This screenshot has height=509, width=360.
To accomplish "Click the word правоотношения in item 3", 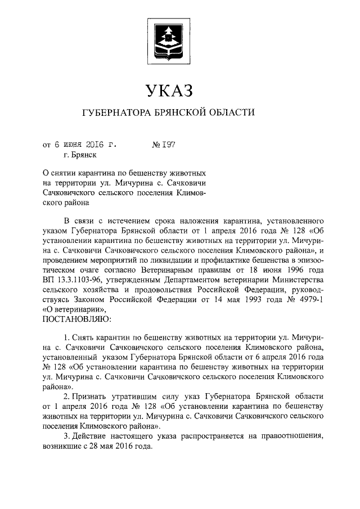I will (292, 435).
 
